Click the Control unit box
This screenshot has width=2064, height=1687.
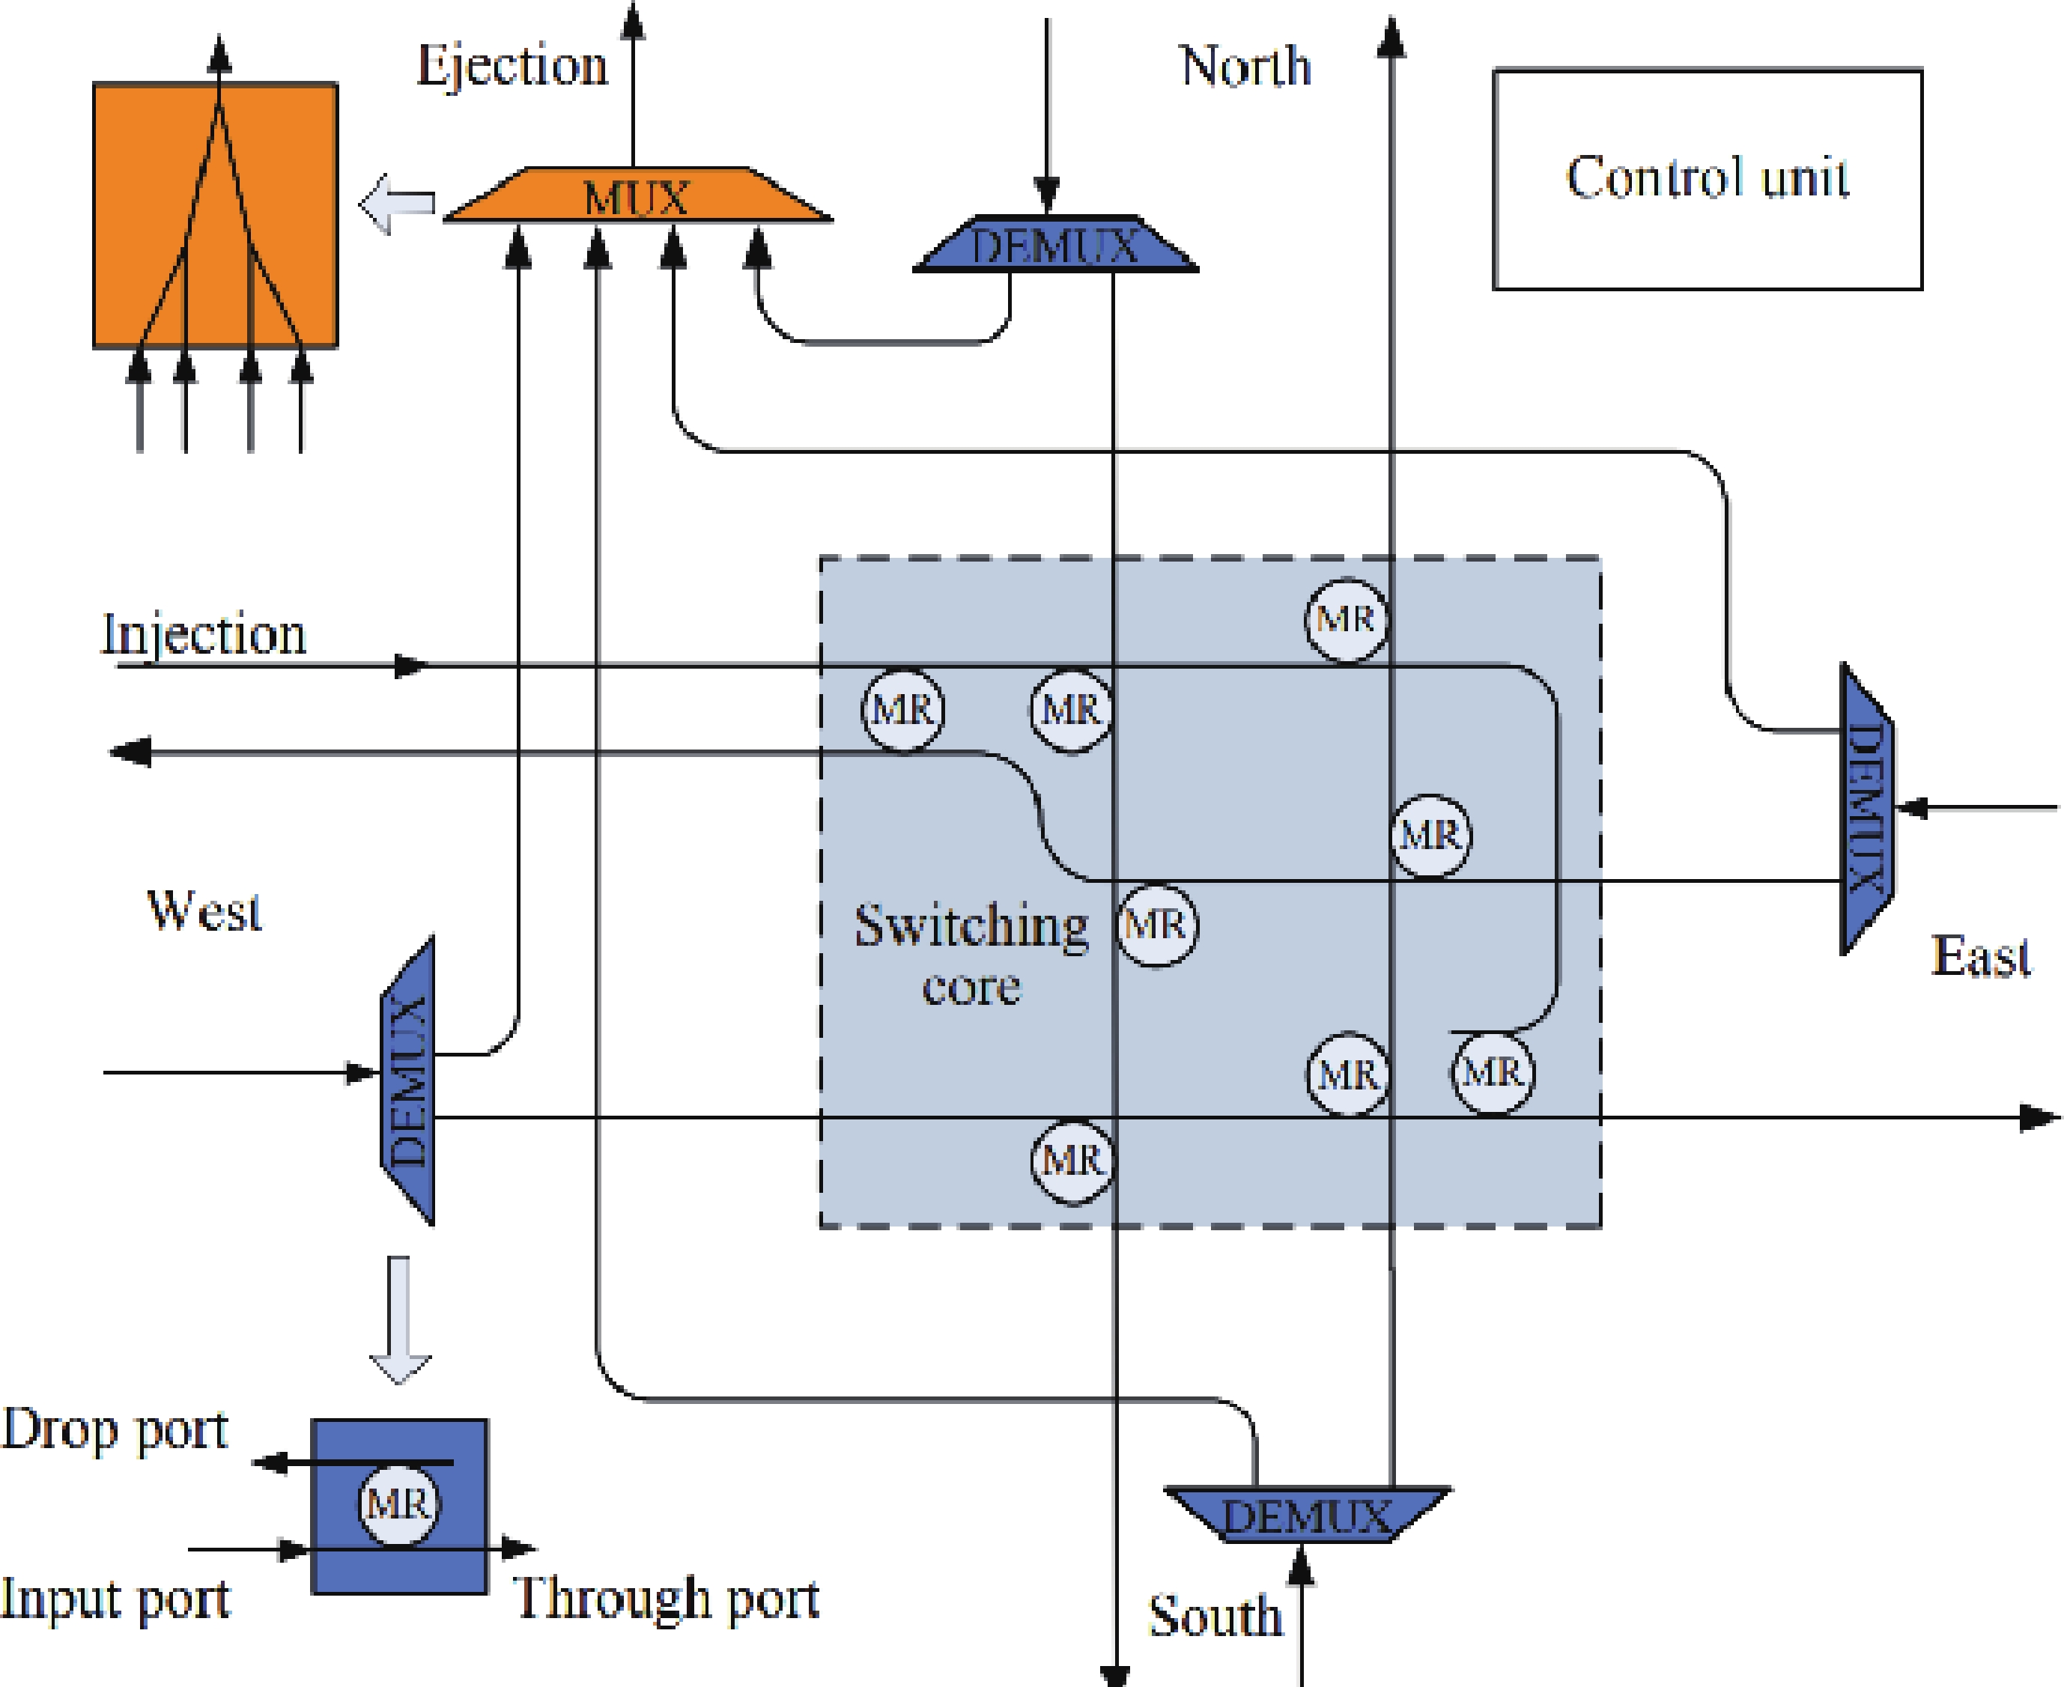tap(1707, 179)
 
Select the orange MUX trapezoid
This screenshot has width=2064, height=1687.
tap(637, 196)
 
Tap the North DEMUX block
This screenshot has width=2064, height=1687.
tap(1055, 245)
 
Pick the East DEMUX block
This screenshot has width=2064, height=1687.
tap(1866, 809)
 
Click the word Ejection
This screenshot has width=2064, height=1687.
tap(512, 66)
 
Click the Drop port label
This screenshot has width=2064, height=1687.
tap(115, 1429)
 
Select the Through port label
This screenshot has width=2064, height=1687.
tap(667, 1599)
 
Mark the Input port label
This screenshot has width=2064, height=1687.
tap(115, 1599)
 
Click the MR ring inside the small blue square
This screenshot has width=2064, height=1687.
tap(398, 1504)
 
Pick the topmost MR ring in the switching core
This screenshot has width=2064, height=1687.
tap(1346, 620)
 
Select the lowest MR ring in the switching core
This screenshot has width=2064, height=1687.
tap(1072, 1161)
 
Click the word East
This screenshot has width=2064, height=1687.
tap(1979, 956)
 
